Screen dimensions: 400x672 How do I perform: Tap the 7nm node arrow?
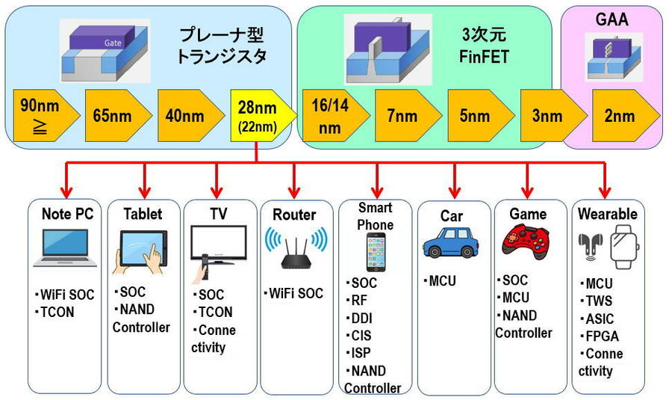pos(402,117)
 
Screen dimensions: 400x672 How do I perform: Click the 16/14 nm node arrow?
pos(329,117)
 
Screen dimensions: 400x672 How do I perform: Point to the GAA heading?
pos(612,20)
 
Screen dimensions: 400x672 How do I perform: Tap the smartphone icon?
pos(375,252)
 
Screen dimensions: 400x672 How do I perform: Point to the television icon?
pos(217,246)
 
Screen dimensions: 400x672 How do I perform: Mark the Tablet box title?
pos(143,215)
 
